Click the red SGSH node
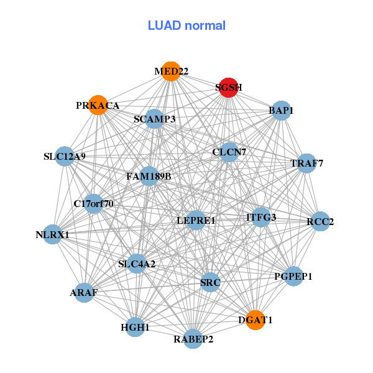(x=229, y=88)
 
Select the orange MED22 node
(x=171, y=71)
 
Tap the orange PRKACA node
(x=98, y=105)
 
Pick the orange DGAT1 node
(x=256, y=320)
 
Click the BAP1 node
(x=281, y=111)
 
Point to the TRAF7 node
(x=306, y=163)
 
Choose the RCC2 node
(x=320, y=221)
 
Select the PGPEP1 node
(x=293, y=275)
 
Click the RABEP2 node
(x=193, y=339)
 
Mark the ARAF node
(x=84, y=292)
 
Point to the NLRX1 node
(x=53, y=234)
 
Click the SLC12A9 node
(x=65, y=156)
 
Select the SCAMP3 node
(x=155, y=119)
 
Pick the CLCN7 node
(x=229, y=152)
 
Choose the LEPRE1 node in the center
(x=196, y=220)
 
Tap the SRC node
(x=210, y=283)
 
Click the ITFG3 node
(x=261, y=217)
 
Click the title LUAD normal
(x=186, y=25)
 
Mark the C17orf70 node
(x=93, y=203)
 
